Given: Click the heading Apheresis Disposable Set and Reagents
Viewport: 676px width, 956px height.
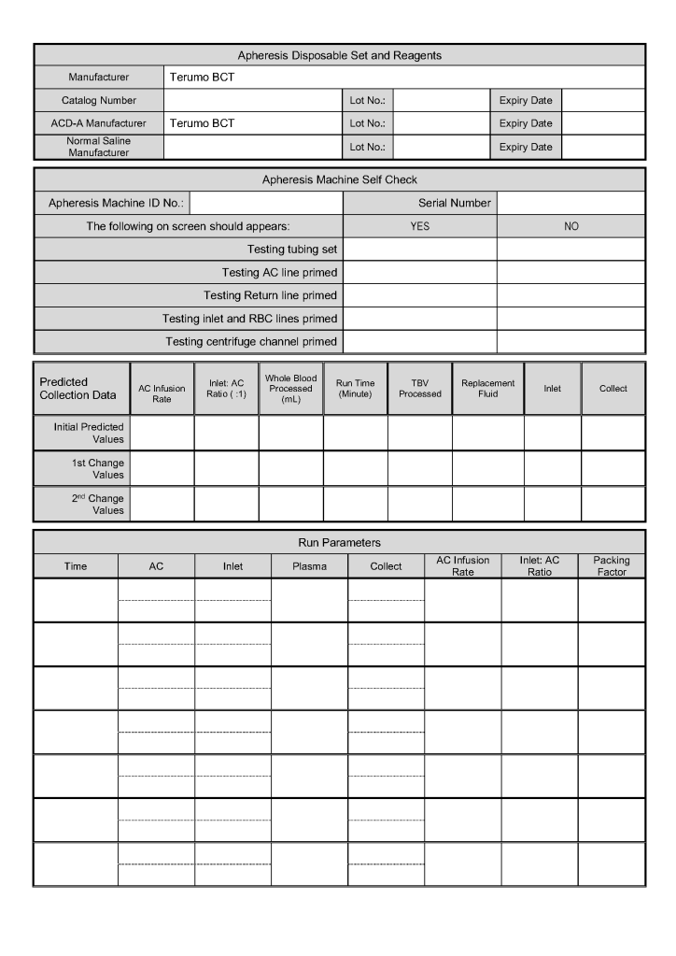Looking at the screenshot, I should (339, 55).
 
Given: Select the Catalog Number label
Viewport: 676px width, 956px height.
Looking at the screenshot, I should (99, 100).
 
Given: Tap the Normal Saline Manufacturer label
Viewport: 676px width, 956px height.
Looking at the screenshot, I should (99, 147).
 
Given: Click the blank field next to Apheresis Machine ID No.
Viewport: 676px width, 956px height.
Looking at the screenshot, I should (266, 203).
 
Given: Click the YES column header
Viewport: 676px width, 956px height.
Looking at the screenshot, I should (420, 226).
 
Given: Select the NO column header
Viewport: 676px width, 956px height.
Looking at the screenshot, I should (570, 226).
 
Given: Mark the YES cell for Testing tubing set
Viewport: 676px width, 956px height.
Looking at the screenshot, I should (420, 250).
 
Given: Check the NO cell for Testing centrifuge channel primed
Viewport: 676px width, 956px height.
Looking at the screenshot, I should (570, 342).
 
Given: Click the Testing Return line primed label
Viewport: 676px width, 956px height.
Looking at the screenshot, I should (271, 295).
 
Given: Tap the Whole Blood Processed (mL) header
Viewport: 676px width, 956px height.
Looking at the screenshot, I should (290, 388).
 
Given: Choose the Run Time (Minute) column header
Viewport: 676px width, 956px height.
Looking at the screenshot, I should (355, 389).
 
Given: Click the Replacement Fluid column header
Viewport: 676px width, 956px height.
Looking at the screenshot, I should (487, 389).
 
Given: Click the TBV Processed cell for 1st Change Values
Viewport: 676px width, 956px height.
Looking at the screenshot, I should (419, 468).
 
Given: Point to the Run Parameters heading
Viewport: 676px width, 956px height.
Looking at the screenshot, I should (339, 542).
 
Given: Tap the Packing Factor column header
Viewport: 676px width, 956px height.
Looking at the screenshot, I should (612, 566).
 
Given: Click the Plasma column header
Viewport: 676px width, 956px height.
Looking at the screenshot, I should (309, 566).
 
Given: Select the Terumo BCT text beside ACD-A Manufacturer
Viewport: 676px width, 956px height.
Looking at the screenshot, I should (202, 123).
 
